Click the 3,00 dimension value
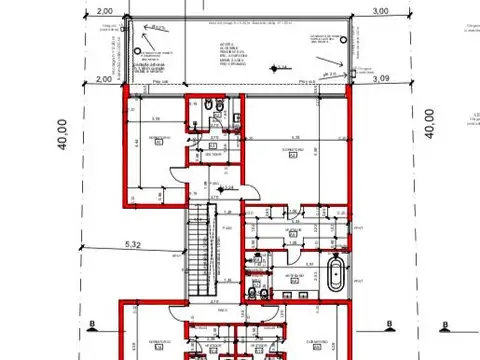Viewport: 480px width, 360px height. (380, 10)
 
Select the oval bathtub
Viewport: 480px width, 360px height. (337, 273)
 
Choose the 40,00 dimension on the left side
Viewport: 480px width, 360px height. (62, 133)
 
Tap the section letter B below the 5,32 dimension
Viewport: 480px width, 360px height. (91, 325)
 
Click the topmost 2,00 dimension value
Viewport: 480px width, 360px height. (103, 11)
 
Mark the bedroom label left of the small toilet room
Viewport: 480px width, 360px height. (157, 138)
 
